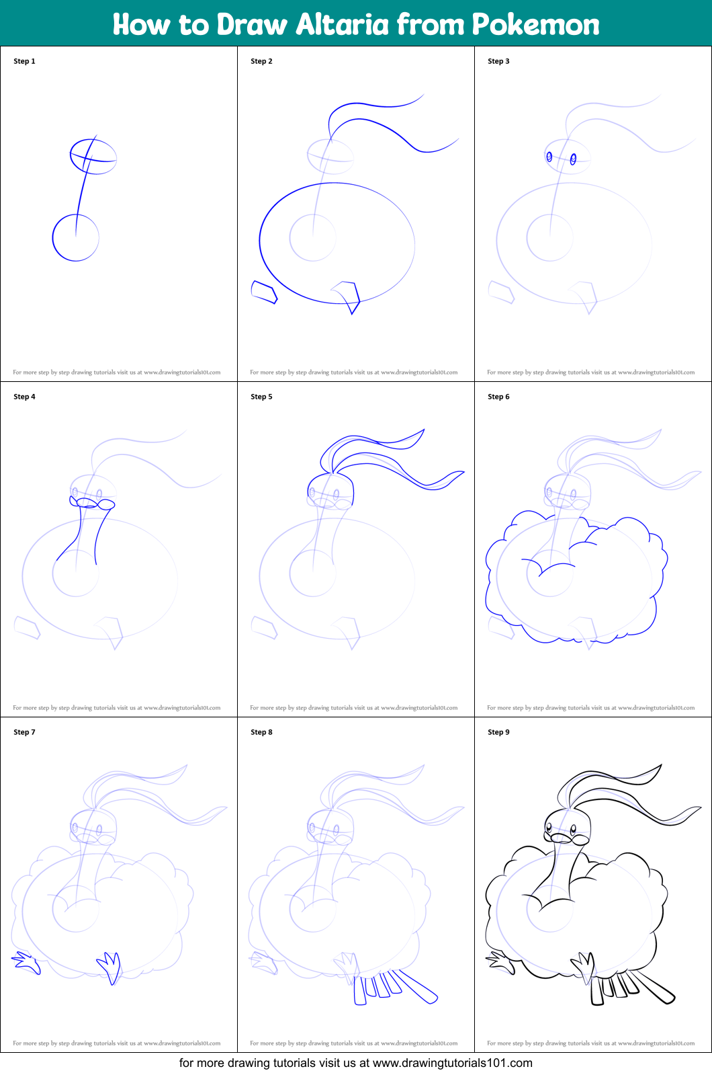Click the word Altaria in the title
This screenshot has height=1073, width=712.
click(342, 25)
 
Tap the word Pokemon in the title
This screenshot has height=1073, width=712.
click(535, 25)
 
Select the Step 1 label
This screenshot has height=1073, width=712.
click(24, 61)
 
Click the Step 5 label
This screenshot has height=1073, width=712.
click(261, 397)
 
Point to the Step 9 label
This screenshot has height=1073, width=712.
click(498, 732)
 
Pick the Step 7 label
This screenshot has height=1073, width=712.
click(24, 732)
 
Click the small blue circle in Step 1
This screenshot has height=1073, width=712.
click(76, 237)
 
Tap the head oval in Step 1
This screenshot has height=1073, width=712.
click(93, 156)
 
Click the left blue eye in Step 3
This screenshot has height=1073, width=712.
click(549, 157)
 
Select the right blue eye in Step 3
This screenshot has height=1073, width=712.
click(573, 159)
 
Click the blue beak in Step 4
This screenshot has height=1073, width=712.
click(93, 503)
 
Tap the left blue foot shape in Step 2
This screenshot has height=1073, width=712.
click(263, 292)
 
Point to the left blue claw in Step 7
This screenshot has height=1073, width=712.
click(26, 963)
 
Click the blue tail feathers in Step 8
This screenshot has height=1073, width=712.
click(396, 987)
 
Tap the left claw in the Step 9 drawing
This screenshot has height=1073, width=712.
click(500, 962)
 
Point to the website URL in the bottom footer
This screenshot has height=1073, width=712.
click(452, 1063)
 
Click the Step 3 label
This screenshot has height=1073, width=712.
click(498, 61)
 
